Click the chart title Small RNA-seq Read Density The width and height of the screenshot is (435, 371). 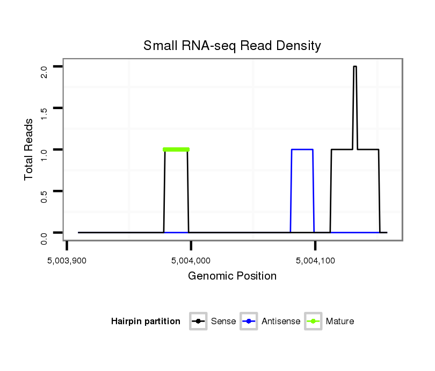tap(232, 46)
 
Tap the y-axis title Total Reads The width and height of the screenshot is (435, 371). tap(30, 149)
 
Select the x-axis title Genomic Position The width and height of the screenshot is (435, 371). tap(232, 276)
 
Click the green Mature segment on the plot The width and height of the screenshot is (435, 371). tap(176, 149)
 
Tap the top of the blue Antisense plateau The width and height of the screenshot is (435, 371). tap(302, 149)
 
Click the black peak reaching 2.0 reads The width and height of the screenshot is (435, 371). tap(355, 67)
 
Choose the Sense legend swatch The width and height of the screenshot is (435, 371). tap(198, 322)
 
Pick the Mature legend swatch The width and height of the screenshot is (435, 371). tap(313, 322)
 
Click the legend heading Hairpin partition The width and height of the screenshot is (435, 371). tap(146, 322)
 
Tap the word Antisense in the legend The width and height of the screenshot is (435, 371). tap(281, 322)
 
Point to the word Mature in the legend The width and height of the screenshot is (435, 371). tap(340, 322)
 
